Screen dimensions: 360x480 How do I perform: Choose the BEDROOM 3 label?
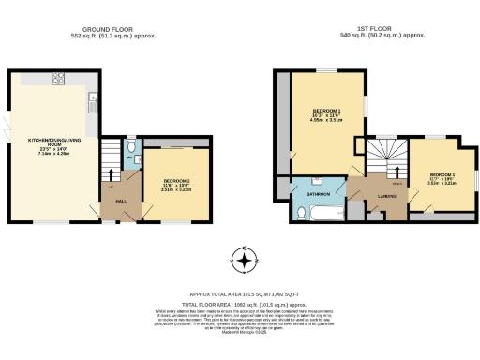(x=442, y=176)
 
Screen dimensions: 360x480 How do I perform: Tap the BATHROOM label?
(x=318, y=194)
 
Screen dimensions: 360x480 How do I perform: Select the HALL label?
(x=119, y=200)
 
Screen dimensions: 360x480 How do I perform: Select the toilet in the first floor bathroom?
(x=298, y=212)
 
